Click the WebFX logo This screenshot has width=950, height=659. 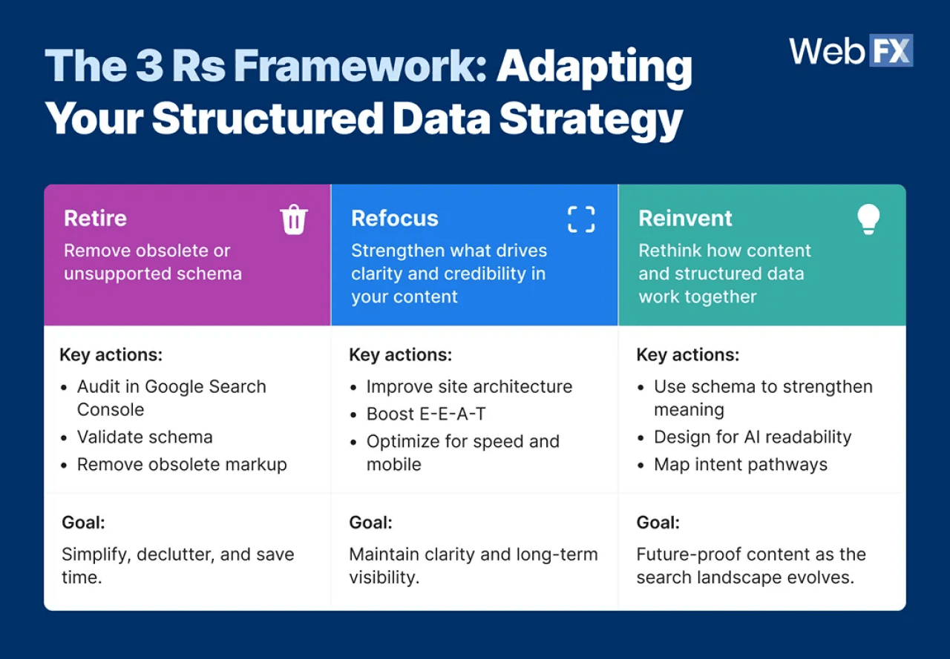[851, 51]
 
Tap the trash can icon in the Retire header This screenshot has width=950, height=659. [293, 220]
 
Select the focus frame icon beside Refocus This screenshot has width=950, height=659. [581, 219]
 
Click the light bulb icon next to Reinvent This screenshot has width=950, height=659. [868, 219]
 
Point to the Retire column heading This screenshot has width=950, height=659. [95, 219]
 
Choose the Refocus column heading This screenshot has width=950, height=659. [395, 219]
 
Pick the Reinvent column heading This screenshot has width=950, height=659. [685, 219]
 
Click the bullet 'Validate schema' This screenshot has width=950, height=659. [145, 437]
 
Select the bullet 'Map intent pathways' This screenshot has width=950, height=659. [740, 465]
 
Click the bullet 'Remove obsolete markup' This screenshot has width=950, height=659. [182, 465]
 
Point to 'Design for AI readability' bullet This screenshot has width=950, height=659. [752, 437]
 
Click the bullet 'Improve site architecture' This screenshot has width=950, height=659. [469, 387]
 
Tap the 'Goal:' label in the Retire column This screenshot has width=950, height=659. [83, 523]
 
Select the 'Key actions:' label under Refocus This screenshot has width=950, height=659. [400, 355]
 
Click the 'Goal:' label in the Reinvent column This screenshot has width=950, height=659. [658, 523]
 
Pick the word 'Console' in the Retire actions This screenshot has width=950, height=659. [111, 410]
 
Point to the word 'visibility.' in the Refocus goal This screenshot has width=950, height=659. [384, 577]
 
